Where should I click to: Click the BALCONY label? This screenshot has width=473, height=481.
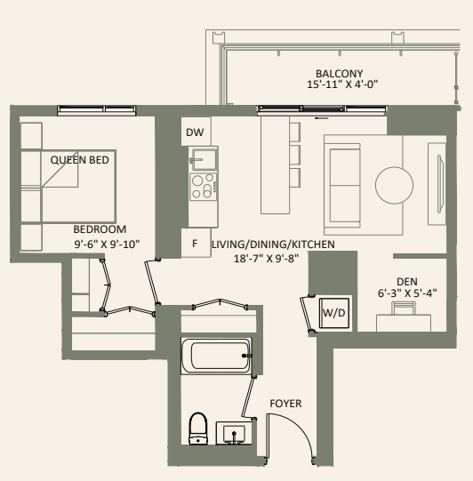tap(339, 73)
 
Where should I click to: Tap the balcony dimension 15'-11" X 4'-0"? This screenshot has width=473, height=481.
tap(339, 85)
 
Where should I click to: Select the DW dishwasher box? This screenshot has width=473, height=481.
tap(195, 133)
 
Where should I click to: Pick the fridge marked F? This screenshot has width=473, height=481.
tap(195, 242)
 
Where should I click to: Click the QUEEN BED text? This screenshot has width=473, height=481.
tap(79, 160)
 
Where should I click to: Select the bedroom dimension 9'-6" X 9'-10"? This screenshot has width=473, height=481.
tap(107, 243)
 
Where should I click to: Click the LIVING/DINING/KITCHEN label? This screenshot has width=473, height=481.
tap(267, 244)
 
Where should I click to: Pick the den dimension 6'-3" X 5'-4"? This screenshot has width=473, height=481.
tap(406, 294)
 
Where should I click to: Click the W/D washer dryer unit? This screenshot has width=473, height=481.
tap(333, 313)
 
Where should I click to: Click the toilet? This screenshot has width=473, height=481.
tap(198, 429)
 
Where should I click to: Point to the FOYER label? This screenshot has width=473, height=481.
tap(285, 404)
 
